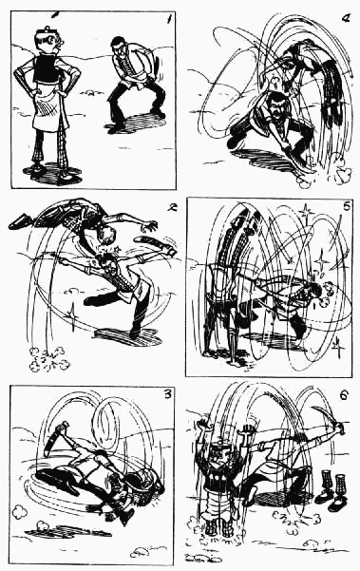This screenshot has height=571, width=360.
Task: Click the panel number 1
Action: (x=168, y=19)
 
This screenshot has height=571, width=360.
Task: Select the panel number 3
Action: (x=167, y=394)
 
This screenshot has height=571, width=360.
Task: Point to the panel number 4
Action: (x=346, y=18)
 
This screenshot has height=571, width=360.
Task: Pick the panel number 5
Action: (x=346, y=206)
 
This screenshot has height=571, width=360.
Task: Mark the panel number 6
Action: (x=344, y=395)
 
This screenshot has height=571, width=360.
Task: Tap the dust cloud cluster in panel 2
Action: (x=48, y=358)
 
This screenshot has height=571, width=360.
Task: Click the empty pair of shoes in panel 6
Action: (x=332, y=491)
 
